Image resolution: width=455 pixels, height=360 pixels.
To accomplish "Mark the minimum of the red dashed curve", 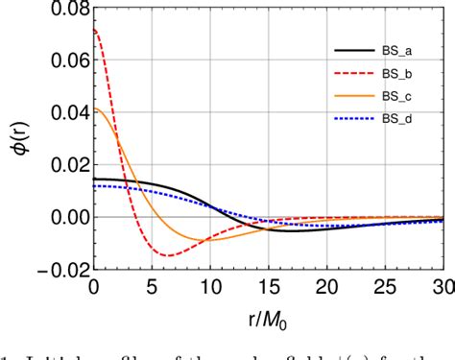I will point(169,255).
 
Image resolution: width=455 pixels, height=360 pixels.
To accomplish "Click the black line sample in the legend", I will point(350,52).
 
